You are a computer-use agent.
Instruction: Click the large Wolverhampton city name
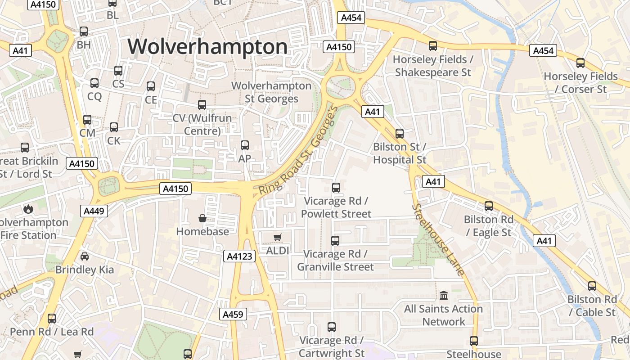(x=207, y=47)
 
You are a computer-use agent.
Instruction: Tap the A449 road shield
(x=94, y=211)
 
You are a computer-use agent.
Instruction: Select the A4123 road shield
(x=239, y=256)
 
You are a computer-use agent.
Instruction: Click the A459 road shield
(x=234, y=314)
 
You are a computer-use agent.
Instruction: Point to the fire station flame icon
(x=28, y=209)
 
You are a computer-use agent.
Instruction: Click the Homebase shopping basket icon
(x=202, y=218)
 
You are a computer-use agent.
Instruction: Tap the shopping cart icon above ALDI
(x=278, y=237)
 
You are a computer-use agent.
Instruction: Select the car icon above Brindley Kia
(x=85, y=256)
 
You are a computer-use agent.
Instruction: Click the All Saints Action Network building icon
(x=444, y=296)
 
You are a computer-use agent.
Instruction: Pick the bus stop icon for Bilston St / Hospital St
(x=400, y=134)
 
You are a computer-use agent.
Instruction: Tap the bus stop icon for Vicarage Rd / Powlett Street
(x=336, y=188)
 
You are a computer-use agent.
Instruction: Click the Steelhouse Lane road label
(x=437, y=239)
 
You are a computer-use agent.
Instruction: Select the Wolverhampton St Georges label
(x=271, y=92)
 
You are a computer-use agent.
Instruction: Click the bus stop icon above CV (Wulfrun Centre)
(x=202, y=105)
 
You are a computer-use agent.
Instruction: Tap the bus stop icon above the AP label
(x=245, y=145)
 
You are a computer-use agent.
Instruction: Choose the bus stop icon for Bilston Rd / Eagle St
(x=489, y=206)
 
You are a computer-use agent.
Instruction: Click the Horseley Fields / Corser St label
(x=580, y=83)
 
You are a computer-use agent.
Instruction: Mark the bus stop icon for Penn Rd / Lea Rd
(x=52, y=319)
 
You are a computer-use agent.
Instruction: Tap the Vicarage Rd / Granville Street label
(x=335, y=261)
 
